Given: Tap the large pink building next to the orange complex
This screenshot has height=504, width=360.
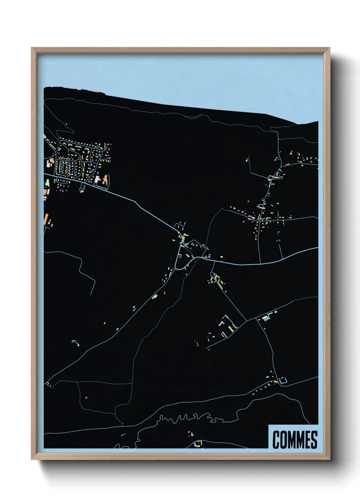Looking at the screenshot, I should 97,179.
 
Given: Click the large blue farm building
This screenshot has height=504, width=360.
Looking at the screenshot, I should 266,318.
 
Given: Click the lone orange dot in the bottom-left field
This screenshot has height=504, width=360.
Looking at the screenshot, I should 86,397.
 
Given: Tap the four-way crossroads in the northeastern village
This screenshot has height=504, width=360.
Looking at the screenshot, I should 260,220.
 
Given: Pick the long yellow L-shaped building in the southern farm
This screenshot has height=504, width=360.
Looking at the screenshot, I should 232,323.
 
